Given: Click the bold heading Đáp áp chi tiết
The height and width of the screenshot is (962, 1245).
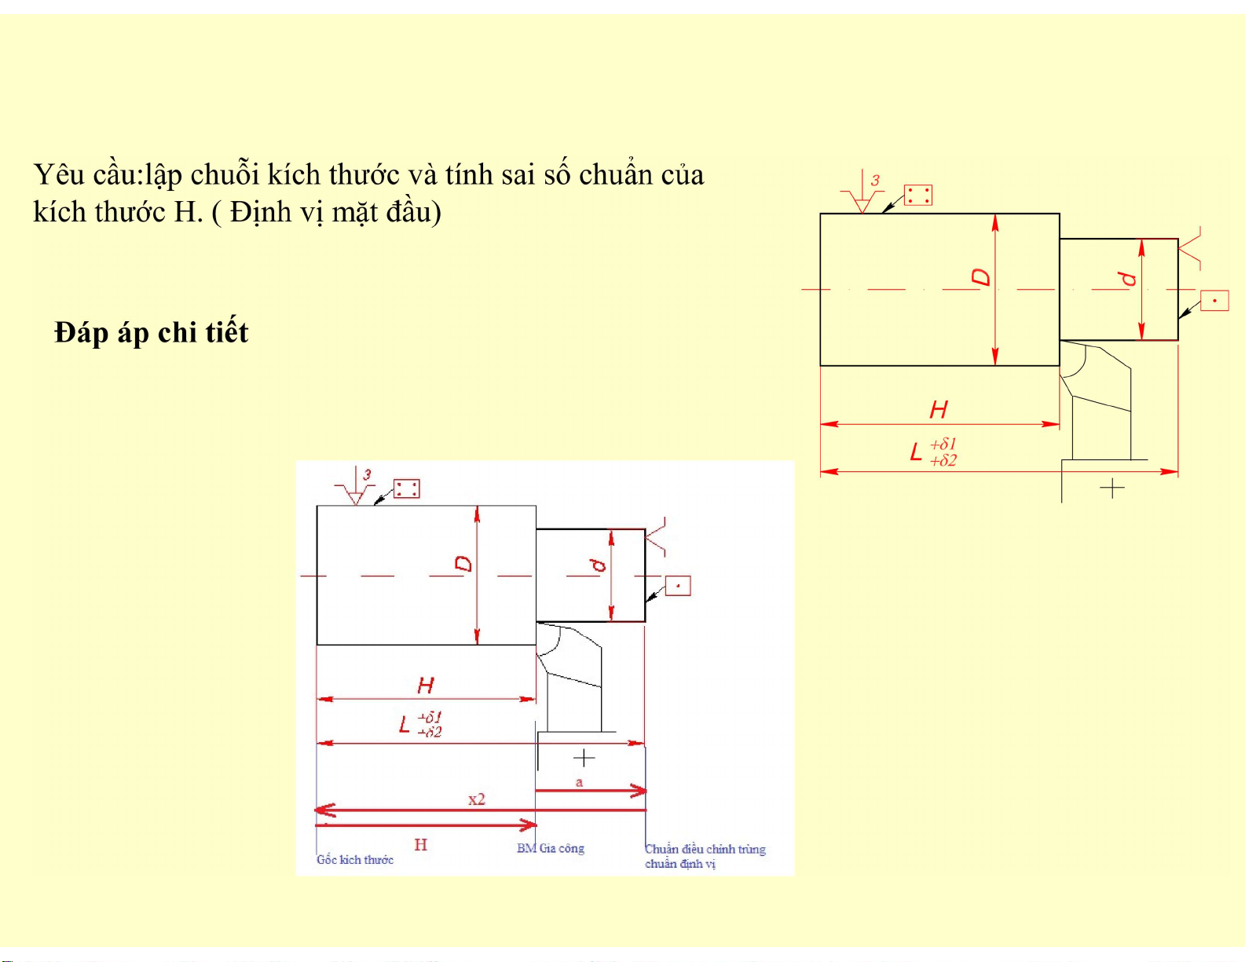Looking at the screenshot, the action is (x=152, y=332).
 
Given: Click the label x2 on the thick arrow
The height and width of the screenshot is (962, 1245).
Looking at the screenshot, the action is (x=477, y=799).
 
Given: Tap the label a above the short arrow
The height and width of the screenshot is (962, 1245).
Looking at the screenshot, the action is (x=579, y=782).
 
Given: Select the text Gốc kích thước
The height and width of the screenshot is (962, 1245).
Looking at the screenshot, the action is (x=355, y=859).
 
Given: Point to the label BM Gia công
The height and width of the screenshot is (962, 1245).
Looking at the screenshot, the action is (x=551, y=849).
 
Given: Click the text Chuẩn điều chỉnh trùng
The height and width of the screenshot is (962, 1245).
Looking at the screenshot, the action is (x=705, y=849).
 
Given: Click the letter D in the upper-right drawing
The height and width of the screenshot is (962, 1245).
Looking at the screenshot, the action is (x=981, y=277).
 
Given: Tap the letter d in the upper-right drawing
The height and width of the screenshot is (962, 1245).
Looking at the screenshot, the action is (x=1128, y=279).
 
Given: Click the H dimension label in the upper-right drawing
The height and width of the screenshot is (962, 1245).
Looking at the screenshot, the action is (x=939, y=409).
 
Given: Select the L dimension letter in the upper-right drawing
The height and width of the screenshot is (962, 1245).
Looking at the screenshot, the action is (x=916, y=452).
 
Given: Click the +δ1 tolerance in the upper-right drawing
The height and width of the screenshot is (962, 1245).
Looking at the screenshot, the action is (x=943, y=444).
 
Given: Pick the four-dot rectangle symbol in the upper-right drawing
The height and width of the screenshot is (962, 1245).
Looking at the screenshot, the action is (x=918, y=196).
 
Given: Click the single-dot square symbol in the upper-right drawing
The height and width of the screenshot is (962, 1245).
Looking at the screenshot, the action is (x=1214, y=301).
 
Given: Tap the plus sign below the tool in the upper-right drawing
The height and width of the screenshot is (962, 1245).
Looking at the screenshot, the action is (x=1113, y=488).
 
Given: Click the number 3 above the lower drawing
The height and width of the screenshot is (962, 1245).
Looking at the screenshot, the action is (x=368, y=474).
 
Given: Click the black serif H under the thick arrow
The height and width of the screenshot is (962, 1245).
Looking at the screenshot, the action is (x=421, y=845).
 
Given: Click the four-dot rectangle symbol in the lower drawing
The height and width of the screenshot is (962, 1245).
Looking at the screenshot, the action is (x=407, y=488).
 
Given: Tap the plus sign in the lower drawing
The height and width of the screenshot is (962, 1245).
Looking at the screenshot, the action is (x=584, y=758).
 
